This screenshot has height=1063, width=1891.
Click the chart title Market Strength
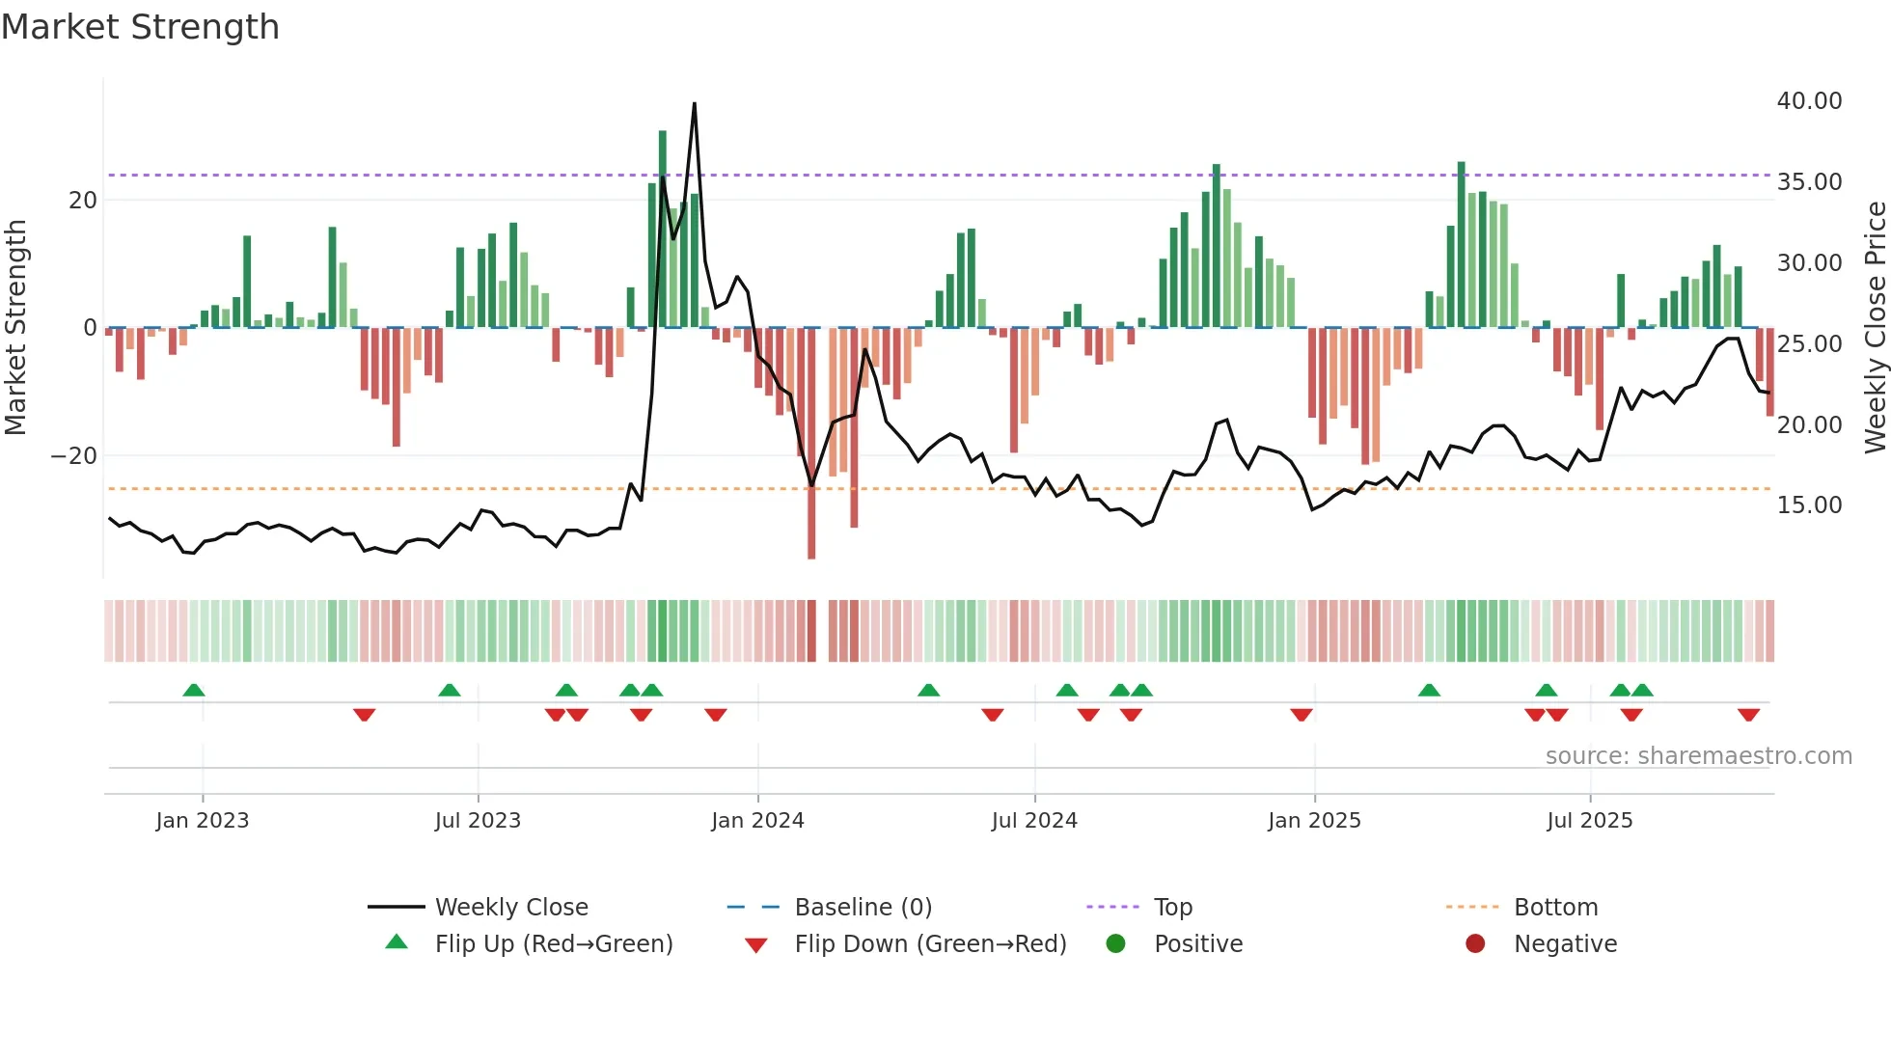[140, 27]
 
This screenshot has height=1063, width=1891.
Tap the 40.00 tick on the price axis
[1809, 101]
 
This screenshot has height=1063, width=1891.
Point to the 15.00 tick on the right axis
[1809, 505]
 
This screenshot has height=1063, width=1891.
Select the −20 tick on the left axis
[74, 455]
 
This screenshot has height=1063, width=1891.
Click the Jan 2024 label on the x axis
[757, 821]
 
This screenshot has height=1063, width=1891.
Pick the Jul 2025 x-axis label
[1589, 821]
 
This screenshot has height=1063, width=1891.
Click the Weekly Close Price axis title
[1875, 327]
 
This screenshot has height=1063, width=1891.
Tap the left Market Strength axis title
[15, 327]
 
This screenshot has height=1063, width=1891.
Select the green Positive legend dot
[1116, 944]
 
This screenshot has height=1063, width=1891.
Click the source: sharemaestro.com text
[1698, 756]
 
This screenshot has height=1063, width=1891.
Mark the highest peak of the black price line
[694, 104]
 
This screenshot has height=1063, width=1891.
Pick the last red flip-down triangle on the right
[1748, 715]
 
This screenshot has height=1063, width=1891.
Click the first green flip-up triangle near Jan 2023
[194, 690]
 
